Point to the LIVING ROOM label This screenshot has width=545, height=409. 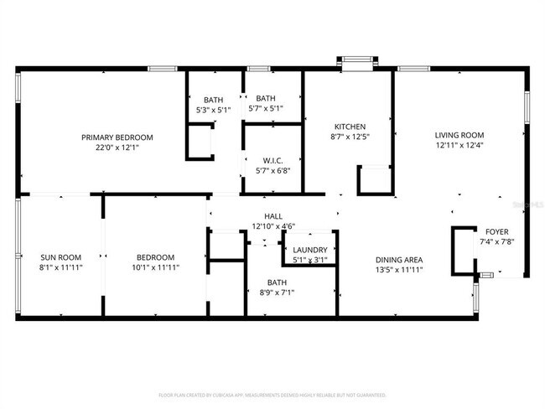tap(459, 135)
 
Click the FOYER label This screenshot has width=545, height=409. tap(491, 231)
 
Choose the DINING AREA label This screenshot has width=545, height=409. tap(398, 260)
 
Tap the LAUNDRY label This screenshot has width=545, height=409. tap(310, 250)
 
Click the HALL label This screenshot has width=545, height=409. tap(273, 215)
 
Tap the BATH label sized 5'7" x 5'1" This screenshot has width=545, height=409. tap(266, 98)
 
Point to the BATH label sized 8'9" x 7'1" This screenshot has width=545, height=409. tap(277, 282)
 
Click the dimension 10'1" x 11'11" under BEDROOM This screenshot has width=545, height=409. tap(156, 268)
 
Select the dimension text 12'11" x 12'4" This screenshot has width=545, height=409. tap(459, 146)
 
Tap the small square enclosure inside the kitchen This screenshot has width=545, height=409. tap(374, 180)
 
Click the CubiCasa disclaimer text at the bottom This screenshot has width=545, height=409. tap(272, 394)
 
